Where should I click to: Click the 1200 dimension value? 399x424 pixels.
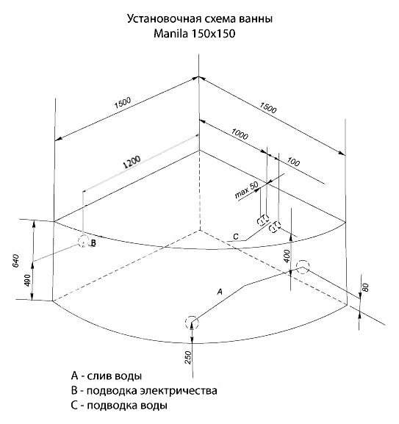(x=132, y=162)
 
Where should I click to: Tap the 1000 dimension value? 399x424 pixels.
(x=240, y=134)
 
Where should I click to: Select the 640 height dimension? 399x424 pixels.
(x=16, y=261)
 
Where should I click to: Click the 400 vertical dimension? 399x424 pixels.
(x=287, y=256)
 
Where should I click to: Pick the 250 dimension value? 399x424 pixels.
(x=188, y=357)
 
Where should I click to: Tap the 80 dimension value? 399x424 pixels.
(x=365, y=287)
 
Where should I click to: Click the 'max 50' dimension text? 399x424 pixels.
(x=246, y=190)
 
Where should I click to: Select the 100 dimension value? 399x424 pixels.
(x=293, y=162)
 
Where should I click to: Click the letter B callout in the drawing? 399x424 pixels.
(x=93, y=242)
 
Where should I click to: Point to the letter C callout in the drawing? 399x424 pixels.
(x=236, y=237)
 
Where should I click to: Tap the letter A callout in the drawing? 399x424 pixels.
(x=220, y=292)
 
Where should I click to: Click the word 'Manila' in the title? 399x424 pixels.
(x=170, y=34)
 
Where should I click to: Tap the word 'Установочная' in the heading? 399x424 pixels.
(x=164, y=19)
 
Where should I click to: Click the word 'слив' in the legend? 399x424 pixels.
(x=100, y=376)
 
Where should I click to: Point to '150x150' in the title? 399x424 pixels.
(x=213, y=34)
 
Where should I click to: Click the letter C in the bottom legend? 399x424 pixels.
(x=74, y=406)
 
